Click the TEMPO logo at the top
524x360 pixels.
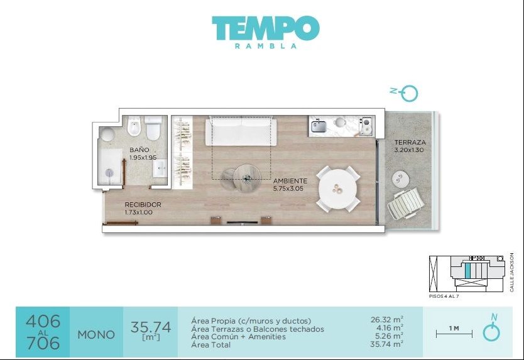click(x=266, y=29)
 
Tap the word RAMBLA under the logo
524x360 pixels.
click(x=266, y=46)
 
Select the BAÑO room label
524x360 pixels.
click(x=139, y=150)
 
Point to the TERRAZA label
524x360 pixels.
click(x=410, y=143)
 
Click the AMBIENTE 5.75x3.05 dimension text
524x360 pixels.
click(x=288, y=188)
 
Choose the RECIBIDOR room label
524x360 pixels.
click(x=143, y=205)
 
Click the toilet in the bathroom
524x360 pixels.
click(x=153, y=128)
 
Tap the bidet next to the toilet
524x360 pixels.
click(x=134, y=126)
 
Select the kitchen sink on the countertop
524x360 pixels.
click(x=319, y=126)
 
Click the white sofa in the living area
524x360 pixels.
click(x=241, y=131)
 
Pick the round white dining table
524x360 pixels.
click(x=338, y=188)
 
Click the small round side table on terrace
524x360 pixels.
click(x=400, y=180)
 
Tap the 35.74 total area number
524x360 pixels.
click(x=151, y=327)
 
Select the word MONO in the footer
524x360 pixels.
click(x=96, y=335)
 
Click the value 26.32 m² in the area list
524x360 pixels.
click(x=386, y=320)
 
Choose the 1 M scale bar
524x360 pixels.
click(x=454, y=333)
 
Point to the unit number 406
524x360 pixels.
click(x=43, y=321)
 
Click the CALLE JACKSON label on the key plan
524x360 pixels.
click(x=511, y=273)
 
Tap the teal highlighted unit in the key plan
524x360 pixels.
click(x=468, y=270)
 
